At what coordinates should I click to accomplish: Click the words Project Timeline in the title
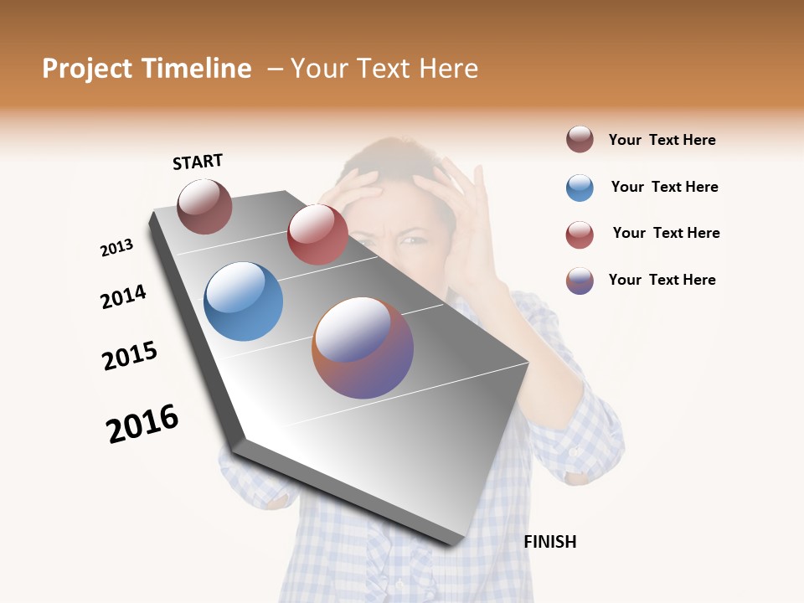click(x=147, y=69)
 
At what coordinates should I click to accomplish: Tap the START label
click(x=198, y=162)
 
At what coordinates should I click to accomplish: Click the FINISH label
click(x=550, y=542)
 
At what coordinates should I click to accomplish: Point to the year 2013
click(x=116, y=248)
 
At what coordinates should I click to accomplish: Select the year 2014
click(x=123, y=296)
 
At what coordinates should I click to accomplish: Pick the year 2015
click(x=130, y=355)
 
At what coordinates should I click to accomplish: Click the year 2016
click(x=142, y=424)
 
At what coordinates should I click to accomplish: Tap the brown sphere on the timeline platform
click(x=204, y=207)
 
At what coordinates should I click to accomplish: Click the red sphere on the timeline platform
click(x=317, y=234)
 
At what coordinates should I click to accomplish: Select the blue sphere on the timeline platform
click(x=243, y=301)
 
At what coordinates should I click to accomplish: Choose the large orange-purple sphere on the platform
click(x=363, y=348)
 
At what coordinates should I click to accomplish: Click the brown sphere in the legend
click(x=580, y=140)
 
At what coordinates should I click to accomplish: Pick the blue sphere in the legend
click(x=580, y=188)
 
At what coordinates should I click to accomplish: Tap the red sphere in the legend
click(x=580, y=234)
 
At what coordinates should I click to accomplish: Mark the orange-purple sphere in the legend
click(x=580, y=281)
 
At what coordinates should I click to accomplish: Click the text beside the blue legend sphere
click(x=664, y=187)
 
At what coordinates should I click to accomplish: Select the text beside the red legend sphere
click(x=666, y=233)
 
